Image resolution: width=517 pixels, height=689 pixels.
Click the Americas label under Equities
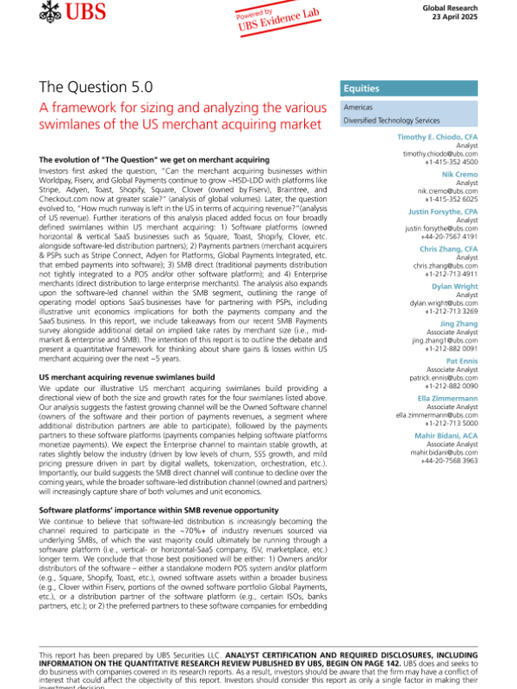point(358,108)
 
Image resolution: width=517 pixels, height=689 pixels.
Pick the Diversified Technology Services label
point(391,121)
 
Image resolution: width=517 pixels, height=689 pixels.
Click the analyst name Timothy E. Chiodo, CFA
point(438,138)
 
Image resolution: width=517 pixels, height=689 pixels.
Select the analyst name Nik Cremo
point(460,175)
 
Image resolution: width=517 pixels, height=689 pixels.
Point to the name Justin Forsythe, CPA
point(443,211)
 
